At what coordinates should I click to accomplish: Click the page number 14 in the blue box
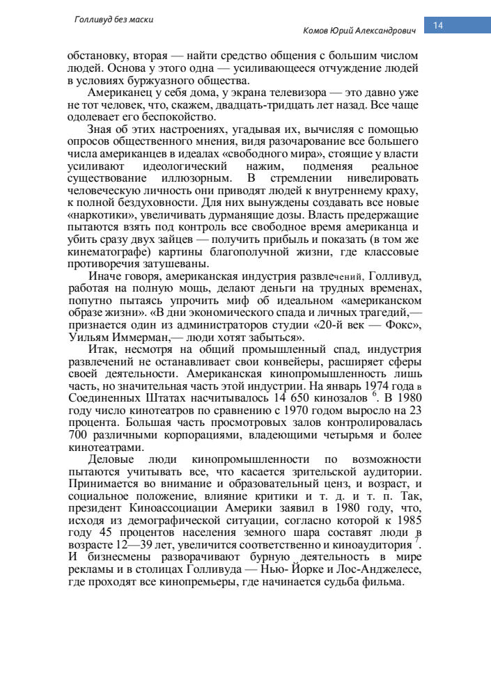[439, 26]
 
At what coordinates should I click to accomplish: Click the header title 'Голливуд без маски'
[114, 19]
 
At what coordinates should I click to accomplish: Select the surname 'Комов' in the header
[317, 31]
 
